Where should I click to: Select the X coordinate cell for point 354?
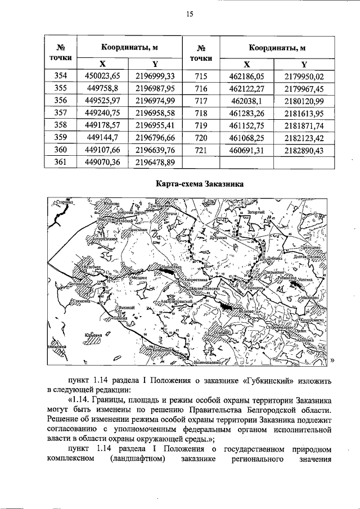[x=102, y=76]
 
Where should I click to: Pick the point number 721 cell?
[x=201, y=149]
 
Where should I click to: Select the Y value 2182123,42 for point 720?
[x=304, y=137]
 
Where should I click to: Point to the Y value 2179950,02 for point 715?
[x=304, y=76]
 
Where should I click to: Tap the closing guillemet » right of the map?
[x=332, y=361]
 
